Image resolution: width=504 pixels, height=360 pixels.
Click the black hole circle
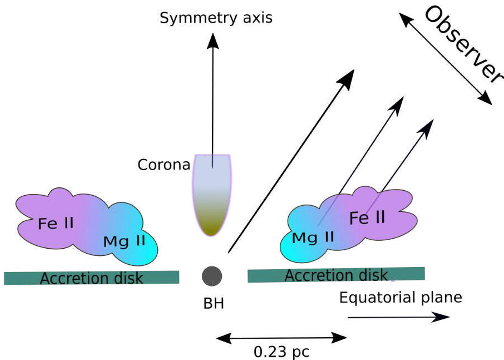(x=212, y=276)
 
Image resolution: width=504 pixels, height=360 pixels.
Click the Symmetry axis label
(x=216, y=18)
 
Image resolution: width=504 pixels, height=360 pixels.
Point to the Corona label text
(x=164, y=165)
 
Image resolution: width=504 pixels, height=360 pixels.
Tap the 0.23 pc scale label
(x=281, y=351)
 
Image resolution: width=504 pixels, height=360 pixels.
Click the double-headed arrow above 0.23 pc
(x=281, y=337)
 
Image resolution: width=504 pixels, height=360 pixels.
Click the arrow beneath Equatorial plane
(x=399, y=318)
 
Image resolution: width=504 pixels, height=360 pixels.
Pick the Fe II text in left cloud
(x=55, y=222)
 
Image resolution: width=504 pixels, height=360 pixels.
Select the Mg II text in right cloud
(x=313, y=237)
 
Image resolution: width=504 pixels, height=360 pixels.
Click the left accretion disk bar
(x=92, y=277)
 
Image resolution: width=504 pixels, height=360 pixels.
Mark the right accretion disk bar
(x=336, y=275)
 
